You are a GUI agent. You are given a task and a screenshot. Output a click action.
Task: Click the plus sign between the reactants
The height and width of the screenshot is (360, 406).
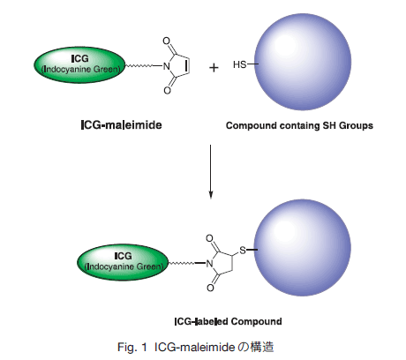pos(214,68)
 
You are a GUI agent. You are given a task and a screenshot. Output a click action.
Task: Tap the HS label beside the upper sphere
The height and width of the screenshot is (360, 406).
pos(239,64)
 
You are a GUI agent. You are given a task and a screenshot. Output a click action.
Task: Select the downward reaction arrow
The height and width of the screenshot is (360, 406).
pos(210,172)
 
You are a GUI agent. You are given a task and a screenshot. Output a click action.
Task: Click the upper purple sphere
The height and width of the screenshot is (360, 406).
pos(303,62)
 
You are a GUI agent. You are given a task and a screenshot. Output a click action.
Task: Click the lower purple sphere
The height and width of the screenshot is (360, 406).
pos(302,248)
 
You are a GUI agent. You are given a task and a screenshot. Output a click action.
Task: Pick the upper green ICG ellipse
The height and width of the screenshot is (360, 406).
pos(80,64)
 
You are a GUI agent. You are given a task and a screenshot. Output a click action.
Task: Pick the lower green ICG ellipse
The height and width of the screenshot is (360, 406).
pos(123,262)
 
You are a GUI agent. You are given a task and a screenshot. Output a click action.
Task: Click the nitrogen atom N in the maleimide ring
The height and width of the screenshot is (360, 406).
pos(167,66)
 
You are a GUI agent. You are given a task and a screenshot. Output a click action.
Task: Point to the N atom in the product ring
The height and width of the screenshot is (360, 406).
pos(209,264)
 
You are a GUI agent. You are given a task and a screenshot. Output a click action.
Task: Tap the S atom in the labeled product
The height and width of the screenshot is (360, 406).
pos(243,251)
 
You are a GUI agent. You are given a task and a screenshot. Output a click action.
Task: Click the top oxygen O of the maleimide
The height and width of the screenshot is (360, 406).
pos(167,41)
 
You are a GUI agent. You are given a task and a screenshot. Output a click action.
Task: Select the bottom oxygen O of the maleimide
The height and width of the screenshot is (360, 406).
pos(167,90)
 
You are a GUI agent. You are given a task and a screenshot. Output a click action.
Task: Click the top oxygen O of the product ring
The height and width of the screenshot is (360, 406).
pos(209,238)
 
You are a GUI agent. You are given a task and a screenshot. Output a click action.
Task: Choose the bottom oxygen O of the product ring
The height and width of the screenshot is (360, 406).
pos(210,288)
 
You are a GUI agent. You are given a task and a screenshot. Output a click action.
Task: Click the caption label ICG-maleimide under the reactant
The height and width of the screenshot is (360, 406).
pos(121,125)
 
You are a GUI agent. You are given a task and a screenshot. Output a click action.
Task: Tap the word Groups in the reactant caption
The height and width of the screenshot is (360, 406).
pos(357,125)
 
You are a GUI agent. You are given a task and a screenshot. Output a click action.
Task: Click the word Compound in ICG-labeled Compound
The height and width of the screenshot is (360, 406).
pos(256,321)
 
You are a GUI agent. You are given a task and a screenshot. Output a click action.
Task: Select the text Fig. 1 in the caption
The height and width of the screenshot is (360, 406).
pos(132,347)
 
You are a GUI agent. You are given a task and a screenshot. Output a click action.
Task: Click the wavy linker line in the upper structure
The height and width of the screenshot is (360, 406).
pos(139,66)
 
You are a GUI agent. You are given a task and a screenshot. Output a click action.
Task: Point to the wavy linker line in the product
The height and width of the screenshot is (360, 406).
pos(182,263)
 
